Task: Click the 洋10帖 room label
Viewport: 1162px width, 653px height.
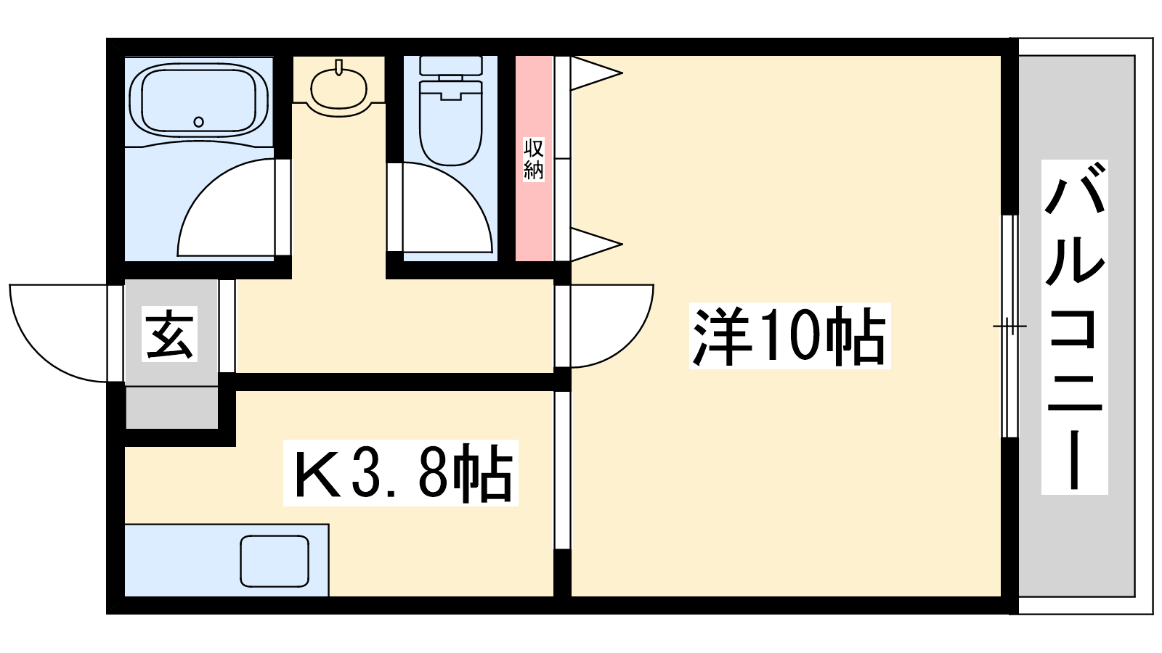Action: coord(789,336)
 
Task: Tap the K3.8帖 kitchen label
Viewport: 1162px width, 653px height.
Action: coord(400,472)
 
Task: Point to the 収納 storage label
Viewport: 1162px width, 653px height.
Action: coord(533,159)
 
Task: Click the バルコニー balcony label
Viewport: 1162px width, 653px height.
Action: coord(1075,327)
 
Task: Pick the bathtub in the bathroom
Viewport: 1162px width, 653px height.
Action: coord(199,101)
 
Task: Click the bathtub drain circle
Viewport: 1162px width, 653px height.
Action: coord(198,122)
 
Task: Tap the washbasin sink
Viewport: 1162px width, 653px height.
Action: coord(338,90)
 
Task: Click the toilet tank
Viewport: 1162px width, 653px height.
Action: coord(451,65)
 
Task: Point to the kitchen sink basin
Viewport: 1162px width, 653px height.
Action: coord(275,562)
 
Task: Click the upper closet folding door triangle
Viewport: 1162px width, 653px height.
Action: coord(596,73)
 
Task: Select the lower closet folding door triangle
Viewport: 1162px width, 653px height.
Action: coord(596,244)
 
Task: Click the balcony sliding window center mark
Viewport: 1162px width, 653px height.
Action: coord(1009,326)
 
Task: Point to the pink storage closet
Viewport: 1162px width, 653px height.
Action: coord(534,158)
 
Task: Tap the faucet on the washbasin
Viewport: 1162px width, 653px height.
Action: coord(339,68)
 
